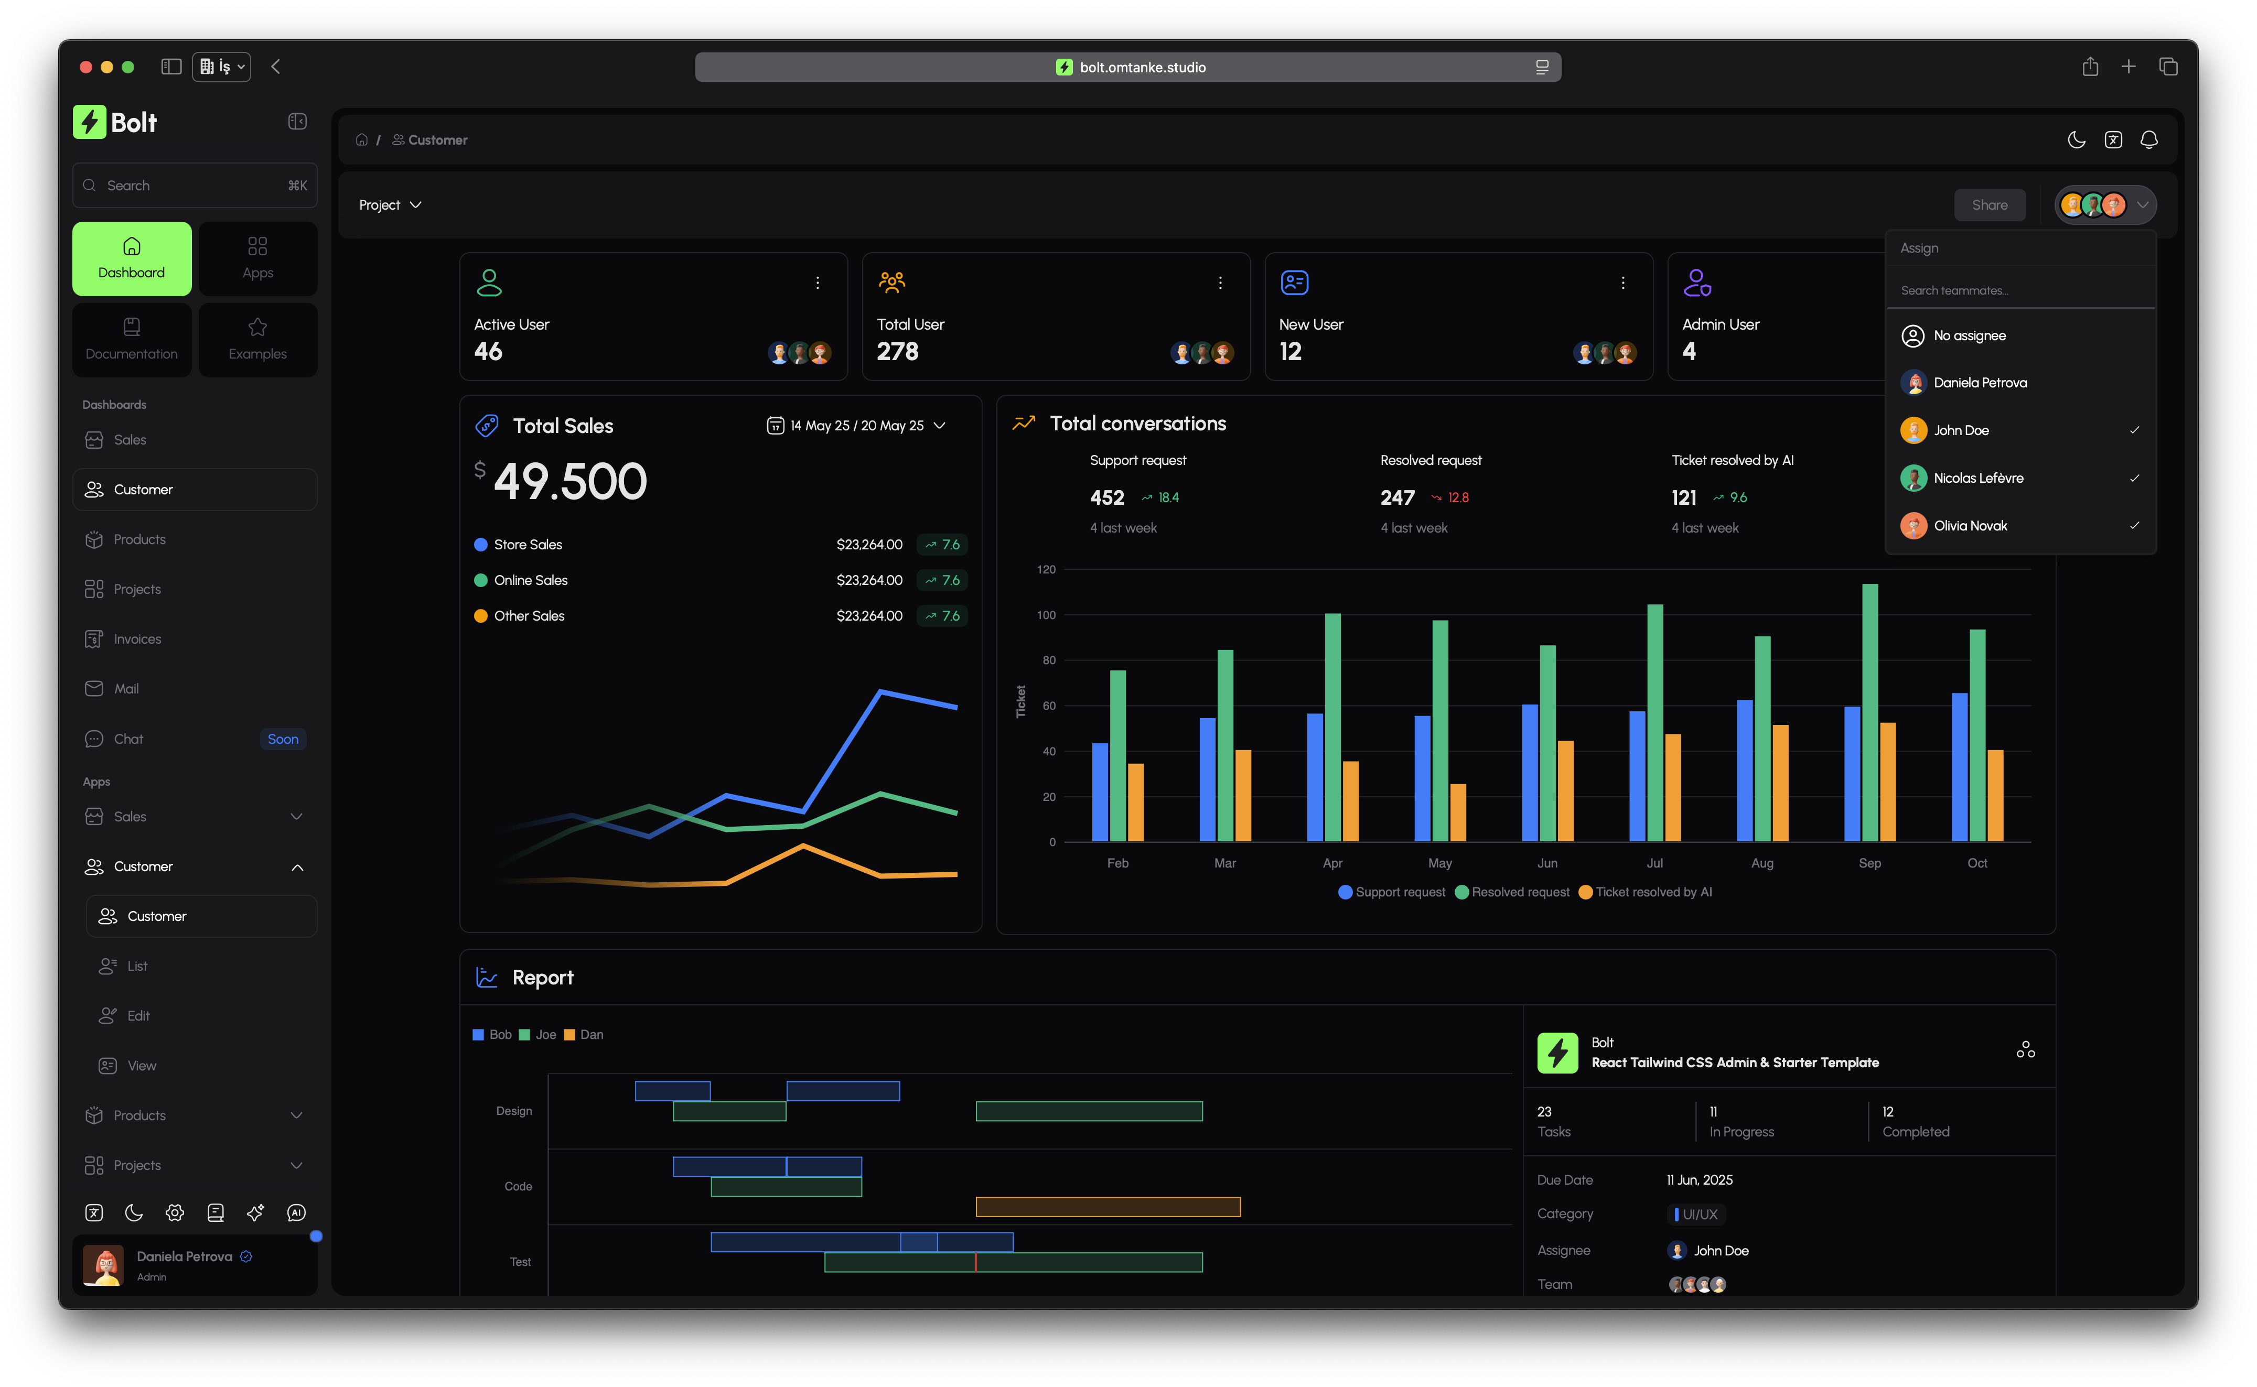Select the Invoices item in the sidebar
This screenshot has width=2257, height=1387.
tap(137, 640)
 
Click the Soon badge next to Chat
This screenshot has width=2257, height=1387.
tap(283, 739)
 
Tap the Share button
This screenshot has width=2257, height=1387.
tap(1989, 204)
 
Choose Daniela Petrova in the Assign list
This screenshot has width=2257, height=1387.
tap(1980, 383)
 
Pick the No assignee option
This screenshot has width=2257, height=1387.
tap(1969, 335)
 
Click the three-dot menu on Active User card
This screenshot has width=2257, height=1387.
tap(818, 284)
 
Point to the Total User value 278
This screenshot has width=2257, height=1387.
tap(897, 351)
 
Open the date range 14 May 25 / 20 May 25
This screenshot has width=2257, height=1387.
tap(856, 426)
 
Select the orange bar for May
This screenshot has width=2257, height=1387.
tap(1458, 812)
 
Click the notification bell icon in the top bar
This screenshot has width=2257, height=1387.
tap(2149, 139)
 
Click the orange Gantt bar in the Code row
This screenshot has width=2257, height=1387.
tap(1108, 1207)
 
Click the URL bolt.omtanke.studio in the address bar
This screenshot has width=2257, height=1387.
tap(1142, 67)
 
